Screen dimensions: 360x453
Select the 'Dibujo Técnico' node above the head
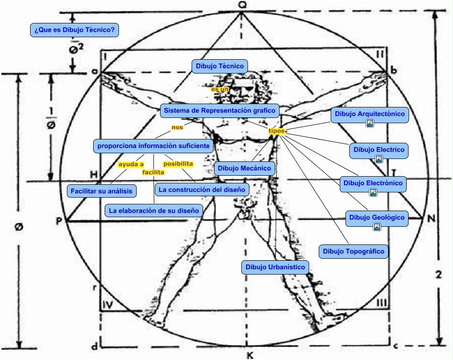tap(220, 66)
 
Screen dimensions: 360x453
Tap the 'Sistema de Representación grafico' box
tap(219, 111)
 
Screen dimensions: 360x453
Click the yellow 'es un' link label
tap(220, 89)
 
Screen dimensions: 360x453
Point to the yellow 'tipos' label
tap(276, 131)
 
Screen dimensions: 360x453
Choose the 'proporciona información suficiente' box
tap(153, 146)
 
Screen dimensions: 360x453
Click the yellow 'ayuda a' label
tap(131, 164)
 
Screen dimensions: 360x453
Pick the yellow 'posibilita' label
tap(178, 164)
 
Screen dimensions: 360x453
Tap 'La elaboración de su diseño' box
tap(153, 210)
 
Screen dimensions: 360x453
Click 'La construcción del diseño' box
tap(202, 190)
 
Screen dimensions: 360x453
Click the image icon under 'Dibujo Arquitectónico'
tap(369, 123)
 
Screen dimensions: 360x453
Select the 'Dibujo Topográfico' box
tap(353, 251)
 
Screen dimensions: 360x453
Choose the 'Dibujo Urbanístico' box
tap(275, 267)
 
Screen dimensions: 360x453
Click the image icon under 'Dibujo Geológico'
tap(377, 227)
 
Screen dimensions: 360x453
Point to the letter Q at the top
tap(242, 5)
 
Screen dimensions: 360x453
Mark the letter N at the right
tap(431, 219)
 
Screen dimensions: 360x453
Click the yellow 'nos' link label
tap(177, 127)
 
